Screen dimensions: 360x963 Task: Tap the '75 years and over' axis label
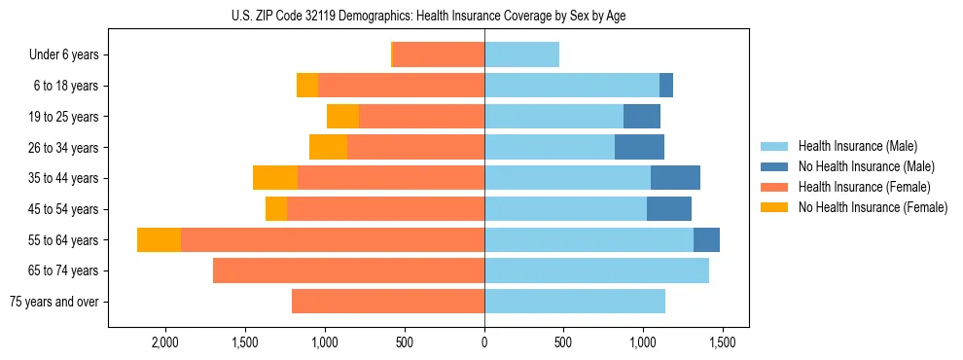pyautogui.click(x=54, y=302)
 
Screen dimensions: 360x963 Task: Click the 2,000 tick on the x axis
pyautogui.click(x=165, y=343)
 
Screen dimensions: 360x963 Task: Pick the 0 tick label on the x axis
pyautogui.click(x=484, y=343)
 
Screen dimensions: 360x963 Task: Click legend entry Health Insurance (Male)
pyautogui.click(x=857, y=146)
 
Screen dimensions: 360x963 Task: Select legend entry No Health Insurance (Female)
pyautogui.click(x=873, y=207)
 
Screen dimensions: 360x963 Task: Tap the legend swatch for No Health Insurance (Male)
pyautogui.click(x=774, y=166)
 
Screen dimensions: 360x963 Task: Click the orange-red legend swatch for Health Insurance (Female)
pyautogui.click(x=774, y=187)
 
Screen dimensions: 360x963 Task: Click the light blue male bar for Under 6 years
pyautogui.click(x=521, y=54)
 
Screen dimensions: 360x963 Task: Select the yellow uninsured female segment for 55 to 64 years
pyautogui.click(x=159, y=239)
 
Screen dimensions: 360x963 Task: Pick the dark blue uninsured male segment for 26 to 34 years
pyautogui.click(x=639, y=147)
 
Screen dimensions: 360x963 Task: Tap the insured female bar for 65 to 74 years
pyautogui.click(x=348, y=270)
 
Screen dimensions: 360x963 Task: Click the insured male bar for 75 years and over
pyautogui.click(x=575, y=302)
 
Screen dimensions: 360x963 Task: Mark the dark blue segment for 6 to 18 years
pyautogui.click(x=666, y=86)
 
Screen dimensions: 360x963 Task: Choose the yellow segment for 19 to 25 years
pyautogui.click(x=342, y=117)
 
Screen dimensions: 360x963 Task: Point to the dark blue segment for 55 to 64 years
pyautogui.click(x=706, y=239)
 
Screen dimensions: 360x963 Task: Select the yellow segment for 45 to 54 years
pyautogui.click(x=276, y=209)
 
